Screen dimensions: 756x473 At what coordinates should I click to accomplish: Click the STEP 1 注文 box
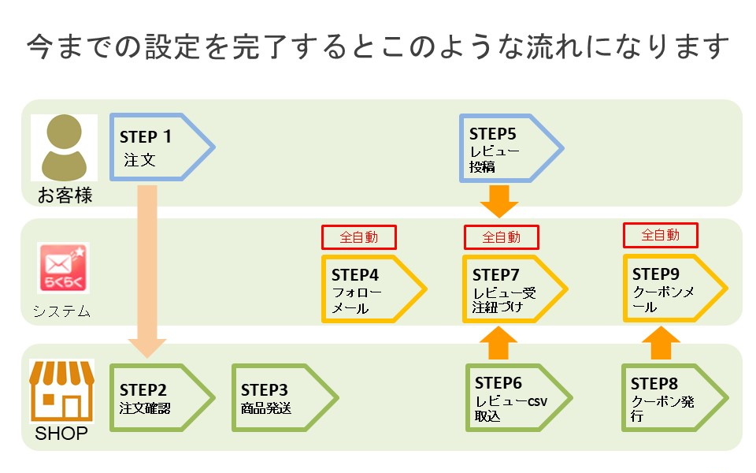click(161, 147)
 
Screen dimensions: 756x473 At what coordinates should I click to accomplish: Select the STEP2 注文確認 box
click(161, 397)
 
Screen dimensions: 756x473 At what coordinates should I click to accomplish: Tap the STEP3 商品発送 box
click(284, 397)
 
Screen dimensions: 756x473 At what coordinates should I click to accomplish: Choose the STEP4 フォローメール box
click(373, 289)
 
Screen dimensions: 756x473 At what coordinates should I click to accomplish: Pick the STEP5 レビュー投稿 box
click(511, 148)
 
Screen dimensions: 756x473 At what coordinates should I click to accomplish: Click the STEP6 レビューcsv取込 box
click(519, 397)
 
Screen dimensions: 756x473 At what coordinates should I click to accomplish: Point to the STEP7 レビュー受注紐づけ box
click(515, 289)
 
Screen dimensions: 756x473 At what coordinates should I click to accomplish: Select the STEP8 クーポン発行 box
click(675, 397)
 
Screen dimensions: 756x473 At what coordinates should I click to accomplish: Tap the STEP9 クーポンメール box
click(675, 289)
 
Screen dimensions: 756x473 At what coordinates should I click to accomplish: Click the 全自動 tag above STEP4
click(359, 237)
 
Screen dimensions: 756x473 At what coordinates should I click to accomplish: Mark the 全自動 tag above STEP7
click(502, 237)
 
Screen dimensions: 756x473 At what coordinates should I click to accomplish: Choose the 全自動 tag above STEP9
click(661, 235)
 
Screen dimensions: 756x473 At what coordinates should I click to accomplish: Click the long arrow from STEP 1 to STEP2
click(147, 271)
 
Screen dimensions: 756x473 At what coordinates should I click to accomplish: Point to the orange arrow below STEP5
click(499, 201)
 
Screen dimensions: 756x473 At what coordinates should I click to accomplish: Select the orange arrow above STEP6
click(498, 343)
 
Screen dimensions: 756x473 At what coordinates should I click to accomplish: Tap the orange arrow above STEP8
click(661, 343)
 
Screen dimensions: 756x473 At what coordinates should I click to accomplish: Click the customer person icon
click(64, 147)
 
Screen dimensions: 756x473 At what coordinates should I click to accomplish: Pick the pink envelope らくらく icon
click(63, 268)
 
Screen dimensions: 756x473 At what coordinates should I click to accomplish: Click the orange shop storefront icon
click(61, 391)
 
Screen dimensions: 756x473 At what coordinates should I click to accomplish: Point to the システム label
click(61, 311)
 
